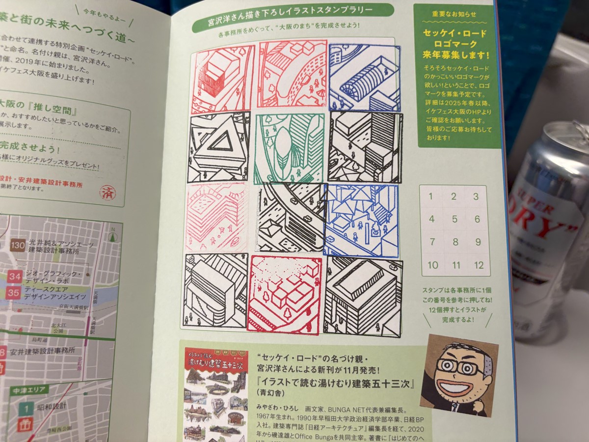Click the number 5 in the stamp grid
pos(454,220)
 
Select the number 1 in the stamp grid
pos(431,197)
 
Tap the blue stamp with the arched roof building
pos(364,78)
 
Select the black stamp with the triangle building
pos(218,146)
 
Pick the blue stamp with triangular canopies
pos(361,221)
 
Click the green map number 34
pos(15,277)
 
